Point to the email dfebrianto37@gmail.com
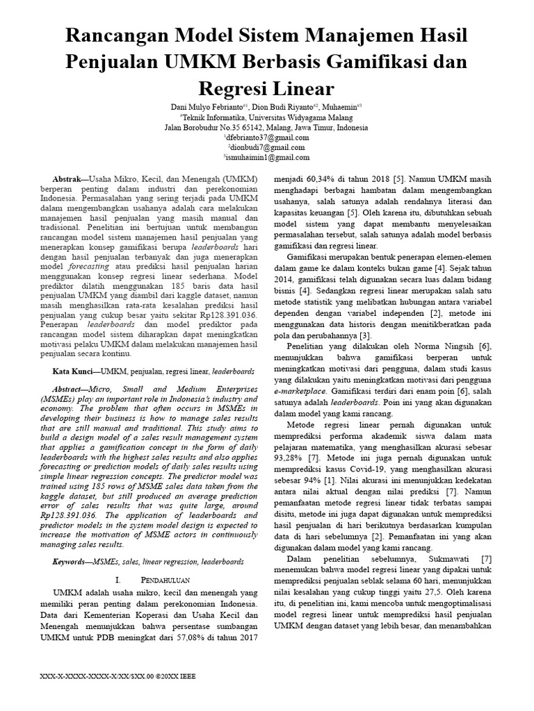[x=267, y=137]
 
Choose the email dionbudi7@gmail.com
[x=267, y=147]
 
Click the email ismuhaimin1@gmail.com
[x=267, y=158]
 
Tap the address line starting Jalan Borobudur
[x=267, y=127]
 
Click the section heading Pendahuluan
[x=161, y=578]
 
